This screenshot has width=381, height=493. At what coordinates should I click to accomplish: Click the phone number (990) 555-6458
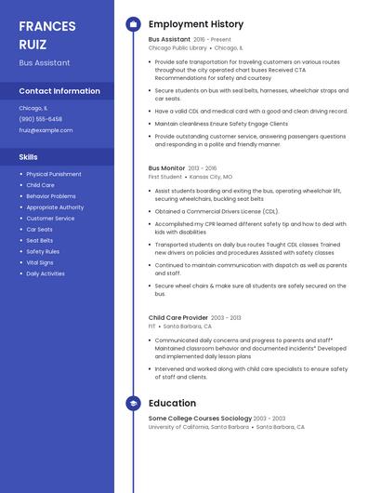pyautogui.click(x=40, y=119)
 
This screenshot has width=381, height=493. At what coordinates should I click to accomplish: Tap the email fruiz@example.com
pyautogui.click(x=46, y=130)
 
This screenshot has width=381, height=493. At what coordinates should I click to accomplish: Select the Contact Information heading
pyautogui.click(x=59, y=91)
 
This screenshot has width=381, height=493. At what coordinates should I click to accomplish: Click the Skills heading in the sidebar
pyautogui.click(x=29, y=157)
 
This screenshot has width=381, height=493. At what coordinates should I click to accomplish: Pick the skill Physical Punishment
pyautogui.click(x=54, y=174)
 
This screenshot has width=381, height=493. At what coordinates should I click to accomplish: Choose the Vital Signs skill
pyautogui.click(x=40, y=262)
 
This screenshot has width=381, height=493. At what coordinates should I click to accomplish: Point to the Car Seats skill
pyautogui.click(x=39, y=229)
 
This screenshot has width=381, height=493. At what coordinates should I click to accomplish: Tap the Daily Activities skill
pyautogui.click(x=46, y=273)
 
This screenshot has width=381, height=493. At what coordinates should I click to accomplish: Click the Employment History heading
pyautogui.click(x=196, y=24)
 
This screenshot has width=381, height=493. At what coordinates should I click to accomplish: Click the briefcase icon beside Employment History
pyautogui.click(x=133, y=24)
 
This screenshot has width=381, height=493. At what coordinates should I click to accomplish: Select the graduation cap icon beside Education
pyautogui.click(x=133, y=404)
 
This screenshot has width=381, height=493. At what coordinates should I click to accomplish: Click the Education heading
pyautogui.click(x=172, y=404)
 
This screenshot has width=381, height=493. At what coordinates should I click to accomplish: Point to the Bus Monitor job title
pyautogui.click(x=167, y=168)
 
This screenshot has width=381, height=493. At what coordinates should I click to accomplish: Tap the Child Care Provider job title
pyautogui.click(x=177, y=317)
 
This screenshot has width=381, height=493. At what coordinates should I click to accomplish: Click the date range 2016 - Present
pyautogui.click(x=213, y=40)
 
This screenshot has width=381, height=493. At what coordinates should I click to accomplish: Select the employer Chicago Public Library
pyautogui.click(x=177, y=47)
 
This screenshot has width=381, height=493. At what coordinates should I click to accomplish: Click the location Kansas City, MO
pyautogui.click(x=212, y=176)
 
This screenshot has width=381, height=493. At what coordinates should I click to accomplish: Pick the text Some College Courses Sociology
pyautogui.click(x=200, y=419)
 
